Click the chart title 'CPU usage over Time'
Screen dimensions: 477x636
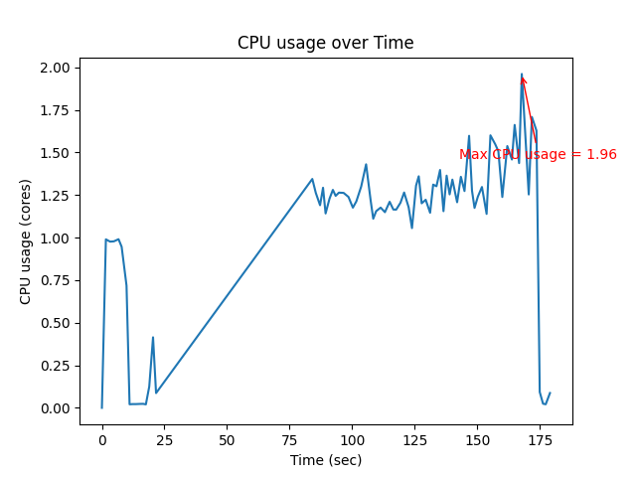point(325,43)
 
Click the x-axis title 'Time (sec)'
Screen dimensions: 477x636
point(325,460)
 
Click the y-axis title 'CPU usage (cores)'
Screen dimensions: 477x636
point(26,241)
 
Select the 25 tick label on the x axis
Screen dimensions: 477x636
point(164,439)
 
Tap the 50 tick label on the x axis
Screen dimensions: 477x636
point(227,439)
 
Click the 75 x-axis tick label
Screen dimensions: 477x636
point(289,439)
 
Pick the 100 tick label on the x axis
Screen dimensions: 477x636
point(352,439)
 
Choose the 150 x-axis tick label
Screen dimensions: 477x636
point(477,439)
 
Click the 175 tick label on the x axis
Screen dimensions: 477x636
point(540,439)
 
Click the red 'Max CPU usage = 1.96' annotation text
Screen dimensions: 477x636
point(538,154)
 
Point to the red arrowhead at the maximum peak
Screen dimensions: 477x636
point(523,80)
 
